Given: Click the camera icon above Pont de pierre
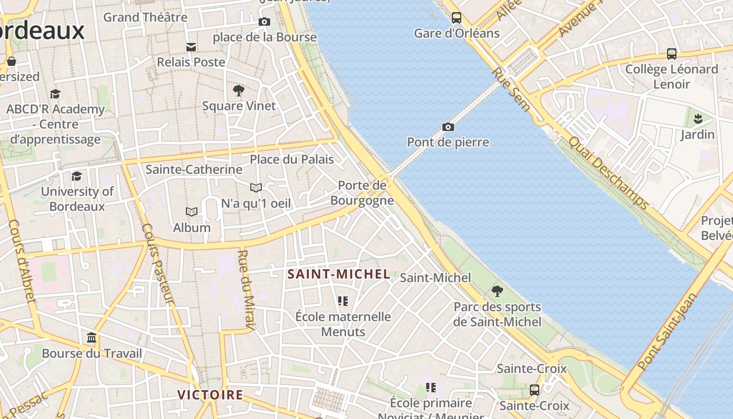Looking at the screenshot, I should (x=448, y=127).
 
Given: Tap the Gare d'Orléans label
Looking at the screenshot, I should (x=457, y=34).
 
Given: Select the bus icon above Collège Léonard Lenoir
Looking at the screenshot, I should (x=671, y=53).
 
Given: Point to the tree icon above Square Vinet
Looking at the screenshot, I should (x=239, y=91).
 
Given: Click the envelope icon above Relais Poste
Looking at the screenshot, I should (x=191, y=47).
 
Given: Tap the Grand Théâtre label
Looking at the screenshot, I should (x=145, y=17).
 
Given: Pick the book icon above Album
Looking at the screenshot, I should (x=192, y=212).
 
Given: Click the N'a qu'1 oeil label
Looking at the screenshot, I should (x=256, y=203).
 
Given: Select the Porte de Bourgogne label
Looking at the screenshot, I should (x=362, y=193).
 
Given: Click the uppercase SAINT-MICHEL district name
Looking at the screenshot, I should (x=339, y=274).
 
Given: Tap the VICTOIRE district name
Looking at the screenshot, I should (x=210, y=395).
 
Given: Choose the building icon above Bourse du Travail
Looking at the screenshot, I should (x=92, y=337).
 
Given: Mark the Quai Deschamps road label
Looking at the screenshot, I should (x=608, y=173).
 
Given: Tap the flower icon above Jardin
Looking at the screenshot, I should (x=697, y=119).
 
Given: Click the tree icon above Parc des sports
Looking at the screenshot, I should (x=497, y=291).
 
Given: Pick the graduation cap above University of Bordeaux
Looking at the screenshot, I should (x=77, y=176).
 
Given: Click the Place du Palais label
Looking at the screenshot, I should (x=292, y=159).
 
